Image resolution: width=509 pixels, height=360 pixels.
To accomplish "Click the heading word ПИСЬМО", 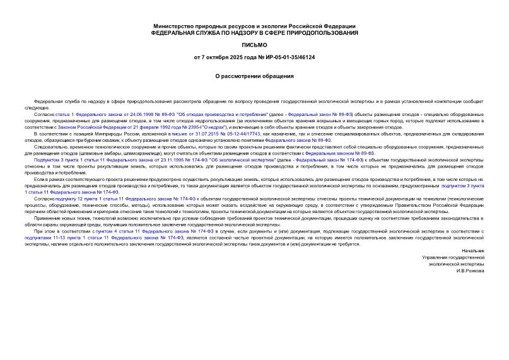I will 254,45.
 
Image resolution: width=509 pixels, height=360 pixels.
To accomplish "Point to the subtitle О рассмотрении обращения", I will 254,76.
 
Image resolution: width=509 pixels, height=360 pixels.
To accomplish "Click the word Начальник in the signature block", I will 474,250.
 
